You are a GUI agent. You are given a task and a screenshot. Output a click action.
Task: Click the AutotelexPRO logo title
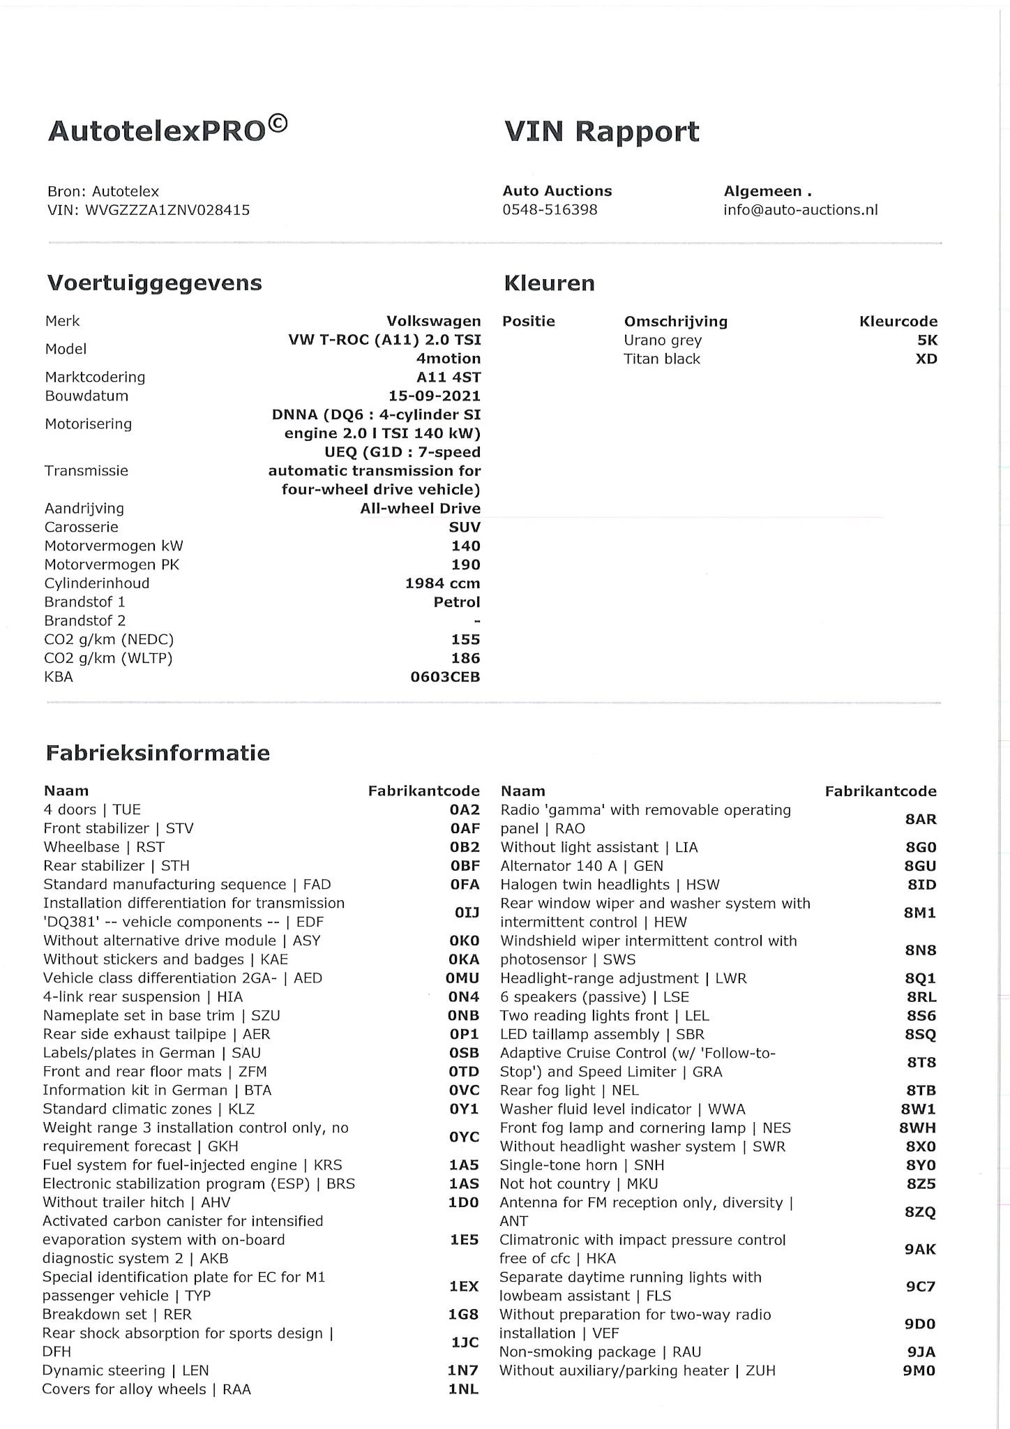pyautogui.click(x=167, y=130)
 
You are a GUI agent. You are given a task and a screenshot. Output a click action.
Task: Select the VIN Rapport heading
pyautogui.click(x=601, y=131)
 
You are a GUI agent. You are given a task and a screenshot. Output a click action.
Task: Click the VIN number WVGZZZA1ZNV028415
pyautogui.click(x=167, y=210)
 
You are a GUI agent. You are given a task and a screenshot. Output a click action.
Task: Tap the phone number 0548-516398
pyautogui.click(x=550, y=210)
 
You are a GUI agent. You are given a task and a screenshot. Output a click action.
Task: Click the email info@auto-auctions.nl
pyautogui.click(x=800, y=210)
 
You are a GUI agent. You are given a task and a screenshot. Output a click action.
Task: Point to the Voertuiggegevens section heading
pyautogui.click(x=154, y=283)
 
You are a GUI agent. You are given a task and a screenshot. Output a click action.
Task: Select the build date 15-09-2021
pyautogui.click(x=434, y=396)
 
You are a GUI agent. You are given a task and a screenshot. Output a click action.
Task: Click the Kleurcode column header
pyautogui.click(x=898, y=322)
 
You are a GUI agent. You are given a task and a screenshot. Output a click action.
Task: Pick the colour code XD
pyautogui.click(x=926, y=359)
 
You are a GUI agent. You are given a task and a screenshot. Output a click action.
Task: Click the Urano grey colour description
pyautogui.click(x=662, y=341)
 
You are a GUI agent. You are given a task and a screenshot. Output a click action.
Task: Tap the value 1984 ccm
pyautogui.click(x=442, y=583)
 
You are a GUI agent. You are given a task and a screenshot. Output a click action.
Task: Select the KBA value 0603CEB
pyautogui.click(x=445, y=677)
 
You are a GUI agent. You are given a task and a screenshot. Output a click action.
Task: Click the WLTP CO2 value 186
pyautogui.click(x=465, y=658)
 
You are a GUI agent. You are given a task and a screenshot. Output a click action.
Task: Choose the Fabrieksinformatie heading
pyautogui.click(x=158, y=753)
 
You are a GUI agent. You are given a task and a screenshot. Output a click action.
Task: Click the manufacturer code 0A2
pyautogui.click(x=465, y=809)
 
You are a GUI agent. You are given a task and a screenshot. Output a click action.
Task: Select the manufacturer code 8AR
pyautogui.click(x=920, y=819)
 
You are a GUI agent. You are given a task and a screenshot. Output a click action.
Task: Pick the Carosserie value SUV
pyautogui.click(x=465, y=528)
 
